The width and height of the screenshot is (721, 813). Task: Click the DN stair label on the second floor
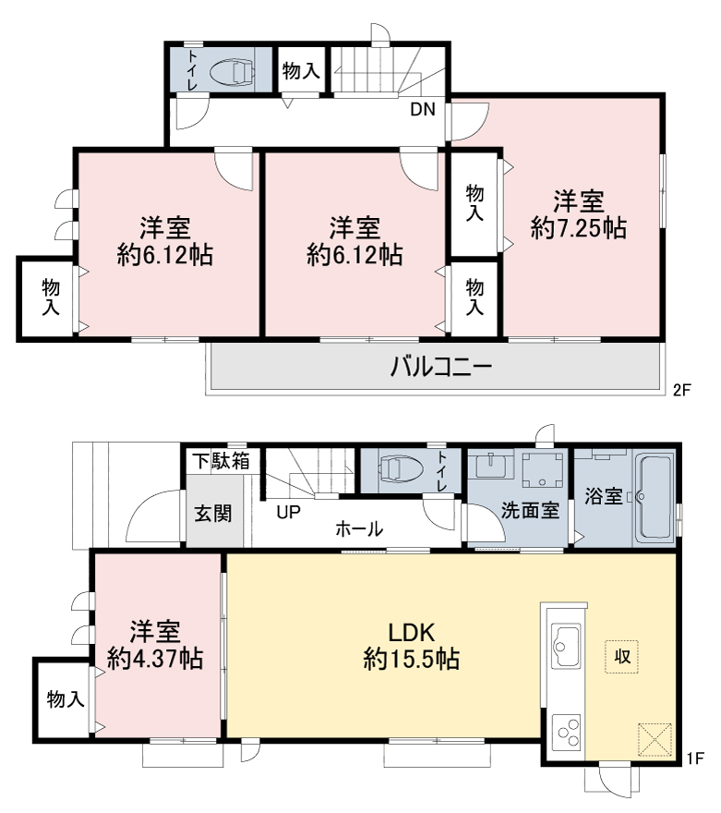(x=423, y=109)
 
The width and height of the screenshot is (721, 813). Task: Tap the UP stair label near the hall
(x=288, y=512)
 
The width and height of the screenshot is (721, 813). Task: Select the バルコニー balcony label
(x=440, y=367)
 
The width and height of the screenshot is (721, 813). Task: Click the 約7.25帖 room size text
(x=579, y=227)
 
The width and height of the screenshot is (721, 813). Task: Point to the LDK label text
(x=411, y=633)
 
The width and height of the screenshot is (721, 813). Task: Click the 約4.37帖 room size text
(x=155, y=659)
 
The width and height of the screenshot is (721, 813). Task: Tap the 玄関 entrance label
(x=213, y=514)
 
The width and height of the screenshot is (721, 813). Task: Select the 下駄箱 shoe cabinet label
(x=222, y=460)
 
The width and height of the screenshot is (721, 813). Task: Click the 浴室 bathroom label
(x=604, y=496)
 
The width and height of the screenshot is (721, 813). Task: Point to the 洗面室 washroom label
(x=530, y=511)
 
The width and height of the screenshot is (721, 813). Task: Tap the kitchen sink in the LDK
(x=566, y=646)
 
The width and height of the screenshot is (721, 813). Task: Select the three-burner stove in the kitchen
(x=566, y=732)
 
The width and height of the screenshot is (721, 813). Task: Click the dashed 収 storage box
(x=621, y=657)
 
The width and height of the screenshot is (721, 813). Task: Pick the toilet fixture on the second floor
(x=233, y=70)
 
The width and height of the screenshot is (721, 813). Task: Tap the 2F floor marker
(x=681, y=389)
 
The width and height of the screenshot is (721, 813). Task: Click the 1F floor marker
(x=696, y=758)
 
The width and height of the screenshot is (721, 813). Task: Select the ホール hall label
(x=359, y=529)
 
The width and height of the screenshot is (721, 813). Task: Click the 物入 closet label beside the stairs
(x=302, y=70)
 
